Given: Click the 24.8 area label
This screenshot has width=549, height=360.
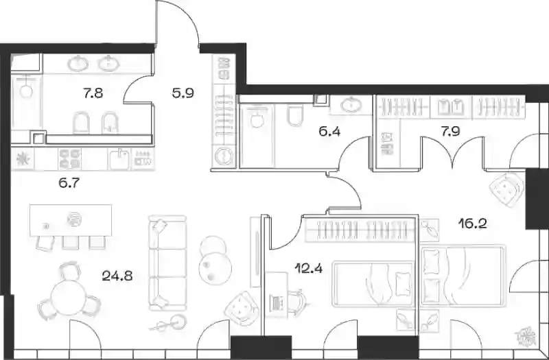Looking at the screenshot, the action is coord(117,276).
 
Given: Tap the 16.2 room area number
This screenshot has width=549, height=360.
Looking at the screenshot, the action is coord(473,223).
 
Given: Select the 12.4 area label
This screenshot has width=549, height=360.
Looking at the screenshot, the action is coord(309,268).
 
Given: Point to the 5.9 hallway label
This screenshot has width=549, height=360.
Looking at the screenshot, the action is coord(183,93).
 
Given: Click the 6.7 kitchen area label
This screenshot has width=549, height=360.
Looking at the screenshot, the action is coord(69,182).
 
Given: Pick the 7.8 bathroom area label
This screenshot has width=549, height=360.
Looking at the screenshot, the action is coord(93,93).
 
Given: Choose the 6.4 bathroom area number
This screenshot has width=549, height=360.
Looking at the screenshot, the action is coord(329,132).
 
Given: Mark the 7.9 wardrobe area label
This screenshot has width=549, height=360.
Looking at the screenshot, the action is coord(450,132).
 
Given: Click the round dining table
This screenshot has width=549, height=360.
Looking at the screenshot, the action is coord(69,298).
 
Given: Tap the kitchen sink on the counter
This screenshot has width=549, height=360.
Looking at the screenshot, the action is coord(119,159).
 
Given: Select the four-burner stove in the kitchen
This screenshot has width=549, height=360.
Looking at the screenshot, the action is coord(70,159).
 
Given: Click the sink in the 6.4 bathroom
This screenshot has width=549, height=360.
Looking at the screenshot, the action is coord(351,105).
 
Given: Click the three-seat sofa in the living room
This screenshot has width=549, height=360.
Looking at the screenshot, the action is coord(167,263).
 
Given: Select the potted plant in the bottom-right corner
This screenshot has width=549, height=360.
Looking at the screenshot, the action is coord(526,337).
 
